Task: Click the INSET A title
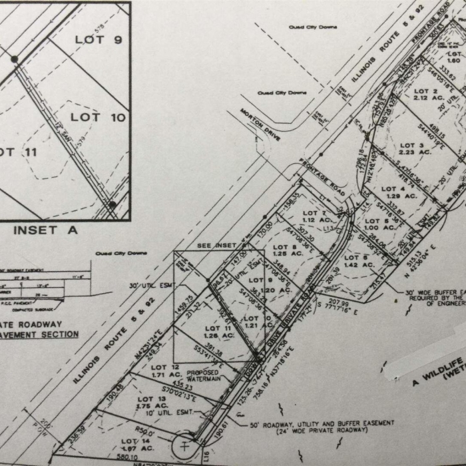tap(45, 230)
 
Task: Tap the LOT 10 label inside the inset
tap(99, 117)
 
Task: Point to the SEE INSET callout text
tap(217, 246)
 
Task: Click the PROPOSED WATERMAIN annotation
tap(202, 376)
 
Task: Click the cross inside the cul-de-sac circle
tap(184, 447)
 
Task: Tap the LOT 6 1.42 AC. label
tap(359, 261)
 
